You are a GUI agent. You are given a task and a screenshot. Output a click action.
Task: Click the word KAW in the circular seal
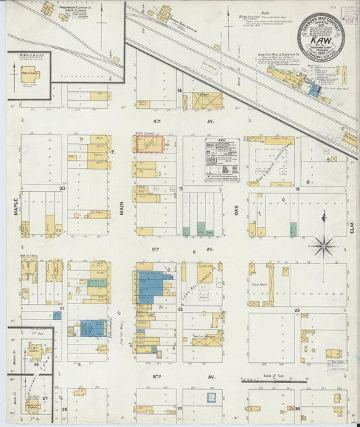click(x=320, y=41)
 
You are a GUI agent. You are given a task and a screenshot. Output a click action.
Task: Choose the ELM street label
click(x=352, y=230)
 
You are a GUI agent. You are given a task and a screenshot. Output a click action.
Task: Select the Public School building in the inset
click(x=29, y=74)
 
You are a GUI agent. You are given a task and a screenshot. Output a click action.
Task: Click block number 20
click(x=61, y=189)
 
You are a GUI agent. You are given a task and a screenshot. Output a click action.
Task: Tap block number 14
click(x=180, y=90)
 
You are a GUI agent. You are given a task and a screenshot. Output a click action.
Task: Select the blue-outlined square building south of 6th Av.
click(x=213, y=399)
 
